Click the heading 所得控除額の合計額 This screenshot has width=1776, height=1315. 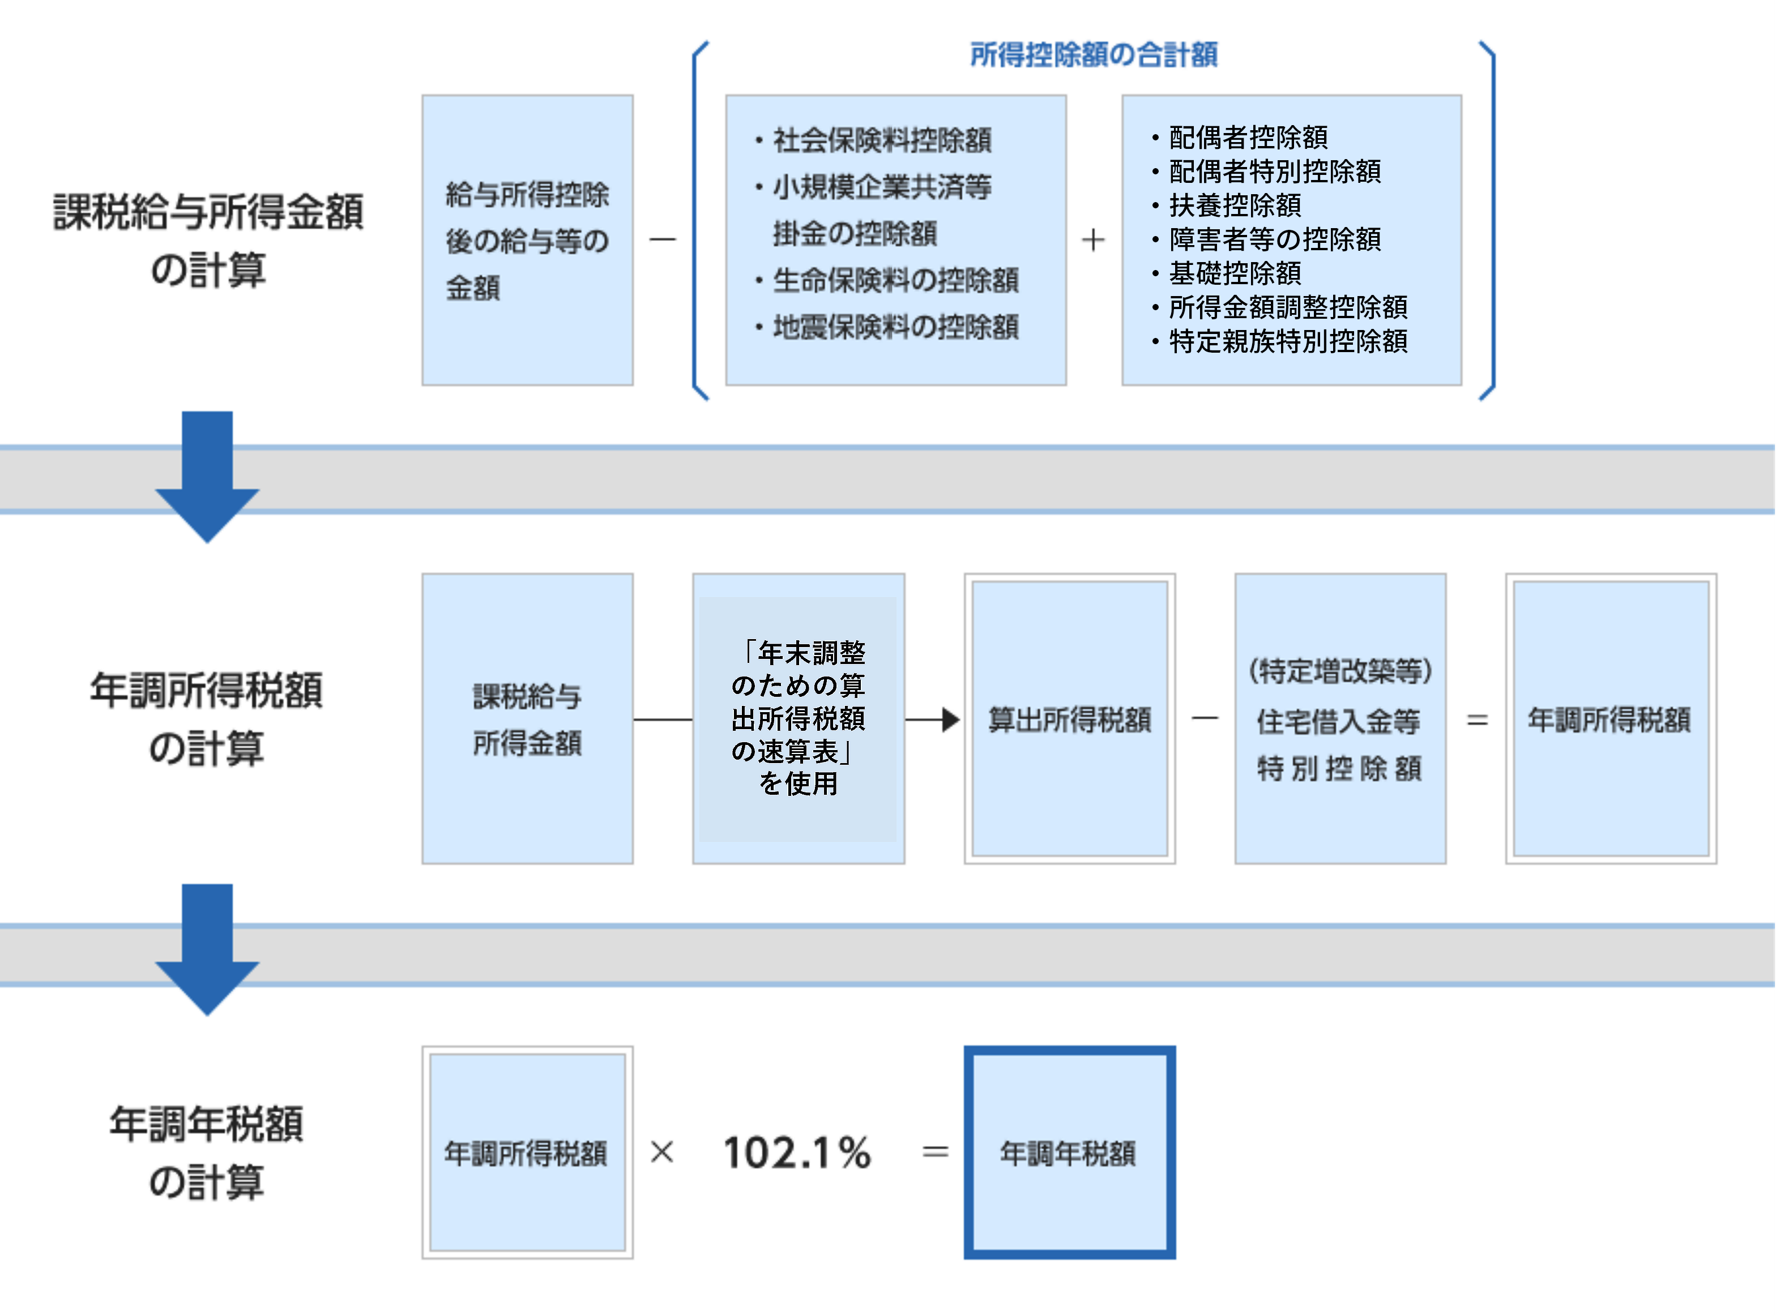pos(1094,55)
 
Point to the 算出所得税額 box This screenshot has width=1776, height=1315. pos(1069,719)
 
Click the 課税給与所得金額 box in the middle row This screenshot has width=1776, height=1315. pos(527,719)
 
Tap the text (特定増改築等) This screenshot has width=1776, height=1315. pos(1339,671)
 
